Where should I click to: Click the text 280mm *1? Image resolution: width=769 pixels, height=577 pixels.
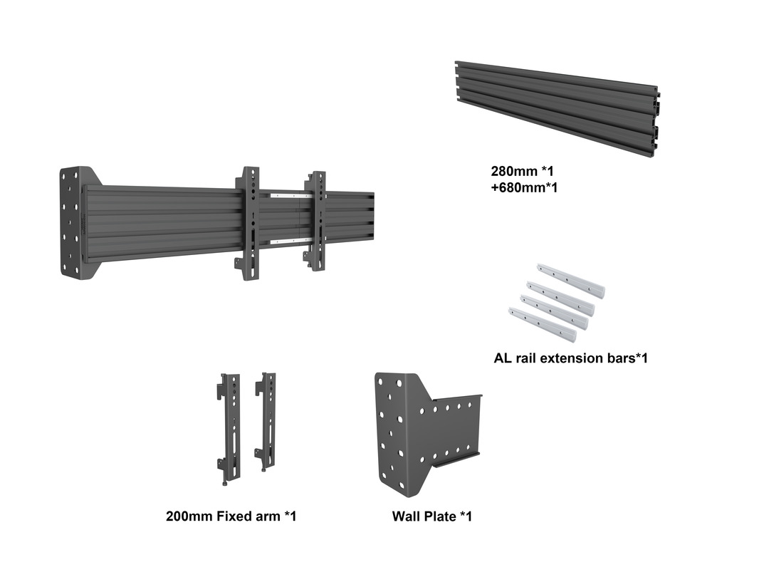click(522, 172)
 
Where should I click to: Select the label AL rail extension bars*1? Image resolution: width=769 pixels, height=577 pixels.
click(570, 358)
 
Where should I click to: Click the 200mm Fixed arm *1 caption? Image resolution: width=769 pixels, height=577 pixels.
click(231, 516)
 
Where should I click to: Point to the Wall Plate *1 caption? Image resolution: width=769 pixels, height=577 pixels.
click(431, 516)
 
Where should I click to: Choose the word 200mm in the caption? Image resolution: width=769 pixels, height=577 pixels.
click(189, 516)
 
